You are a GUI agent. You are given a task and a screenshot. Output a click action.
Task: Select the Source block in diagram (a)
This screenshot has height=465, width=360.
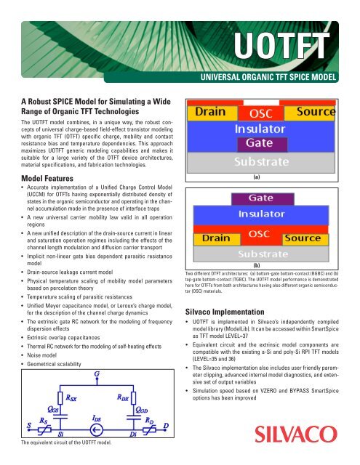320,115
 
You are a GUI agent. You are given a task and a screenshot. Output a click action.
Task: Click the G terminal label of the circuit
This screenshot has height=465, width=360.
96,375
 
